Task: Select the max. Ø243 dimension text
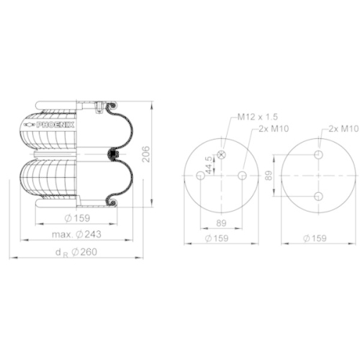coord(77,235)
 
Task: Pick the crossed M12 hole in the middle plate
coord(222,154)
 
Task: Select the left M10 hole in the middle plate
coord(199,176)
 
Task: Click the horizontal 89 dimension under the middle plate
coord(222,223)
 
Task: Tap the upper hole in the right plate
coord(318,155)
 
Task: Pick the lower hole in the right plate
coord(318,197)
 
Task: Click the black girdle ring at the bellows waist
coord(111,153)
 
